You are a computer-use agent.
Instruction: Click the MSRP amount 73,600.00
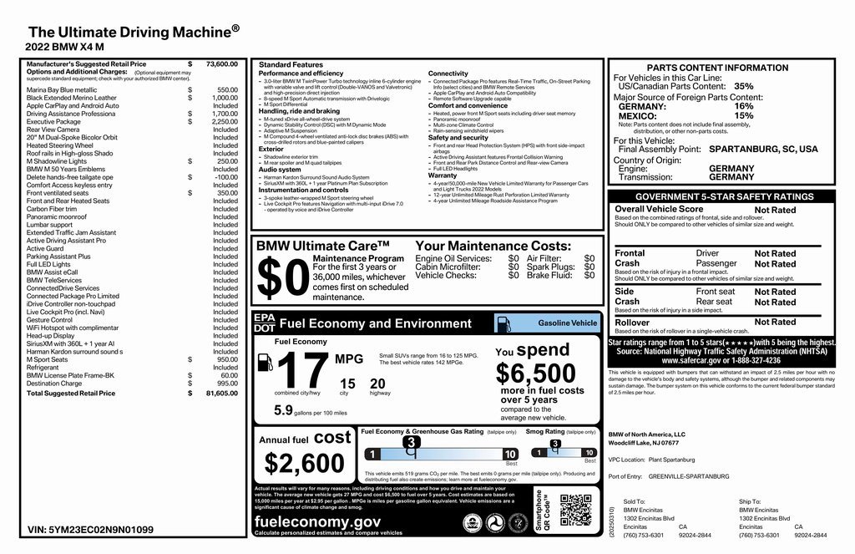221,64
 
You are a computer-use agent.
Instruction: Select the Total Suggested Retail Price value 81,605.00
221,393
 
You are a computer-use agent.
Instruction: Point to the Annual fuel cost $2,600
304,462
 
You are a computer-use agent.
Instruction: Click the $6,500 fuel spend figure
535,374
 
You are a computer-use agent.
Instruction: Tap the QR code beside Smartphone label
574,509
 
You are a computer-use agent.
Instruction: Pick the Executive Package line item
53,122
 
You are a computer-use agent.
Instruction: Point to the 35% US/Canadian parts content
743,86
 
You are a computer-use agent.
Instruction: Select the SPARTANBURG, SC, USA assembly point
763,149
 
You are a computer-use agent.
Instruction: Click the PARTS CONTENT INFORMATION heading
717,68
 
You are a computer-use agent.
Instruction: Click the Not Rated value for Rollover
775,323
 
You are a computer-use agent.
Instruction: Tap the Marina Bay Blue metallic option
62,90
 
